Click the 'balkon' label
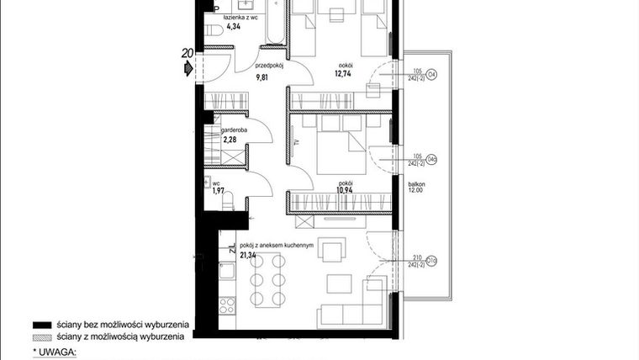(417, 183)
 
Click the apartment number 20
(187, 54)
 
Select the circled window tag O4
(432, 74)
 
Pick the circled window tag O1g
(432, 261)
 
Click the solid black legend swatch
(41, 324)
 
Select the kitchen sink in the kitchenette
(226, 272)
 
